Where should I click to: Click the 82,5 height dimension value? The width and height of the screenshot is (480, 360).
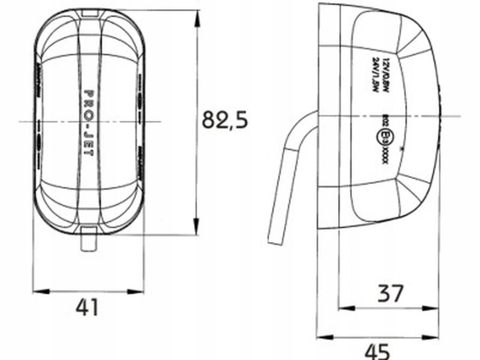click(225, 121)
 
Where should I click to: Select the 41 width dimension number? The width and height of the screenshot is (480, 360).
click(87, 307)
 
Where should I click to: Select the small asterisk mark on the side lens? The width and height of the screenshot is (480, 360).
click(401, 153)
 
